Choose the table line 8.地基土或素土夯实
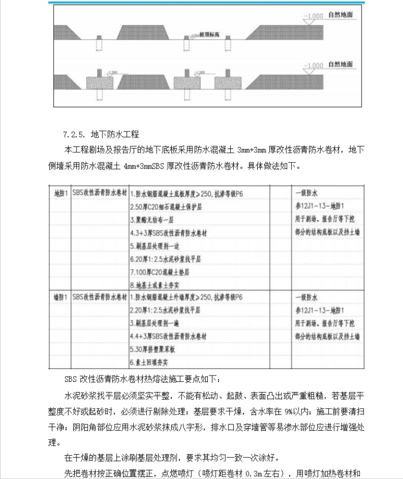pyautogui.click(x=160, y=285)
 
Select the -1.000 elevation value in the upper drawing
pyautogui.click(x=313, y=16)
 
